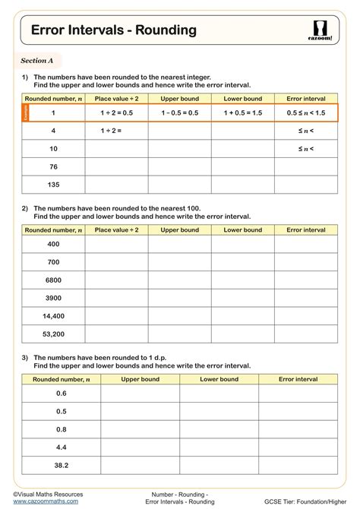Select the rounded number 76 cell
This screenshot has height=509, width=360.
[x=53, y=166]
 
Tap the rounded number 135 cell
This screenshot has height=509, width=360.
[x=53, y=185]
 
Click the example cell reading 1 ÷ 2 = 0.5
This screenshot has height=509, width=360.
[x=116, y=112]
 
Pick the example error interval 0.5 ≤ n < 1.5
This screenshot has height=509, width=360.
[x=305, y=112]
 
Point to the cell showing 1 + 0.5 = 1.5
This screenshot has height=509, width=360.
[x=242, y=112]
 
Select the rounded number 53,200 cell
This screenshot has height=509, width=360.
[x=53, y=333]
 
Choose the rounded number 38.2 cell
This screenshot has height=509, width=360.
[x=62, y=465]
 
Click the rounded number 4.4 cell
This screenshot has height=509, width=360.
[x=62, y=447]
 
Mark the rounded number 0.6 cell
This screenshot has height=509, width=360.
[x=62, y=393]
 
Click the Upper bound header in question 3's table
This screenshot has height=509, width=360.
[x=140, y=378]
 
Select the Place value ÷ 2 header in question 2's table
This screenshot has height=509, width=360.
[x=116, y=229]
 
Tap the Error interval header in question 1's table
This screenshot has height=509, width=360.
[x=305, y=99]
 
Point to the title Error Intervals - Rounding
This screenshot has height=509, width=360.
[x=113, y=30]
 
